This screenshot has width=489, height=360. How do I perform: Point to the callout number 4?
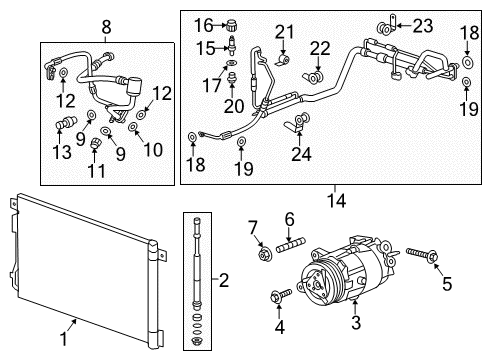[x=280, y=326]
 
